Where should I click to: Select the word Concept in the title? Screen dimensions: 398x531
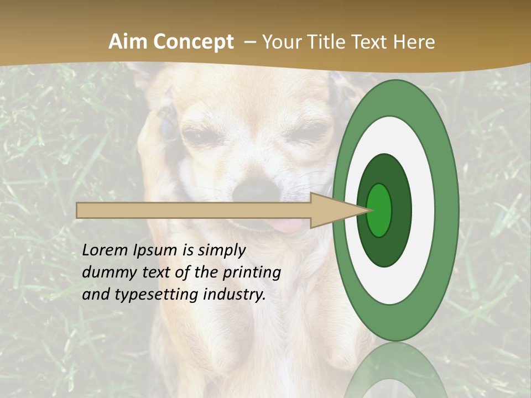click(193, 43)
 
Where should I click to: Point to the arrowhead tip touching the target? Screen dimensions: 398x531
click(367, 210)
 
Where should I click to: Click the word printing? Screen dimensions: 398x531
click(252, 273)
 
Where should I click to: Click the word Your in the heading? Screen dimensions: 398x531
click(282, 42)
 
